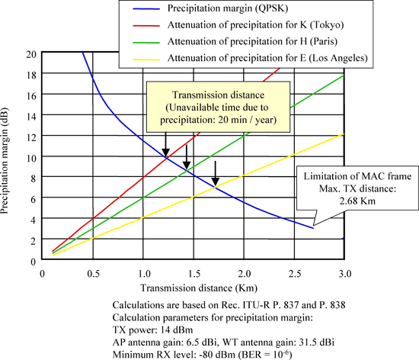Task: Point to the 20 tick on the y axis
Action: [x=31, y=54]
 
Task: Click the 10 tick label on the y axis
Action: [x=31, y=157]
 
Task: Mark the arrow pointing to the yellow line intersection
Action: [x=216, y=172]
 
